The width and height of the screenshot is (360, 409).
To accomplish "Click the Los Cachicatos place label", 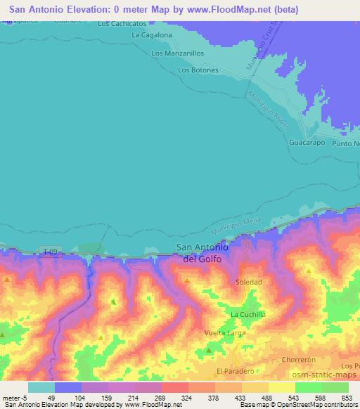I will [x=122, y=23].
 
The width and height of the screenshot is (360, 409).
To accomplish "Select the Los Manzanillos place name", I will [x=178, y=53].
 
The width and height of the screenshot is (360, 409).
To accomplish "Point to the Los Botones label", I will [x=198, y=70].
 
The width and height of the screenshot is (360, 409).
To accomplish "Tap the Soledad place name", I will [x=248, y=282].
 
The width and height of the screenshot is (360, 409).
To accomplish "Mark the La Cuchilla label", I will [x=247, y=314].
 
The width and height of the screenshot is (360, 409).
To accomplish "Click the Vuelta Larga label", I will [x=226, y=332].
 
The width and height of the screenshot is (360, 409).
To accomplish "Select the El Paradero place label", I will [x=234, y=370].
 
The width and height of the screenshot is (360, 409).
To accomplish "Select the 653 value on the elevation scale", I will [x=347, y=398].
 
